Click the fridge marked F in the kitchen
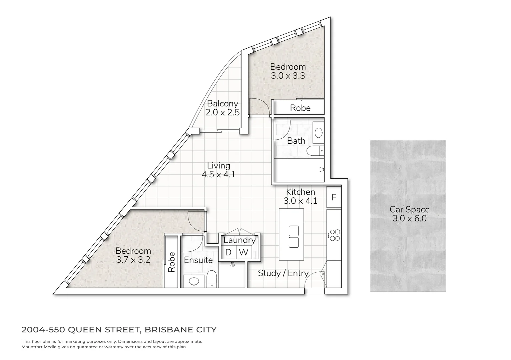click(x=334, y=197)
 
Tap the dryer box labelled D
click(x=228, y=252)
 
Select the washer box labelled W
click(x=244, y=252)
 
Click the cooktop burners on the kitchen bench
click(x=335, y=235)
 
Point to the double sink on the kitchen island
click(x=294, y=236)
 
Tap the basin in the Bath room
click(x=319, y=132)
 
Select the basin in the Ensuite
click(x=193, y=282)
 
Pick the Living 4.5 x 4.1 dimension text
click(x=218, y=174)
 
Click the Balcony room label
click(x=222, y=104)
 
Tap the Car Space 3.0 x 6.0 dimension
click(x=409, y=219)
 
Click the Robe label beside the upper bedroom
click(x=300, y=108)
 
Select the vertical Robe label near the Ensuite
click(x=171, y=262)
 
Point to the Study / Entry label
click(x=283, y=273)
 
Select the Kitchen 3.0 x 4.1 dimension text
click(x=300, y=201)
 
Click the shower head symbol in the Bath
click(x=321, y=170)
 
